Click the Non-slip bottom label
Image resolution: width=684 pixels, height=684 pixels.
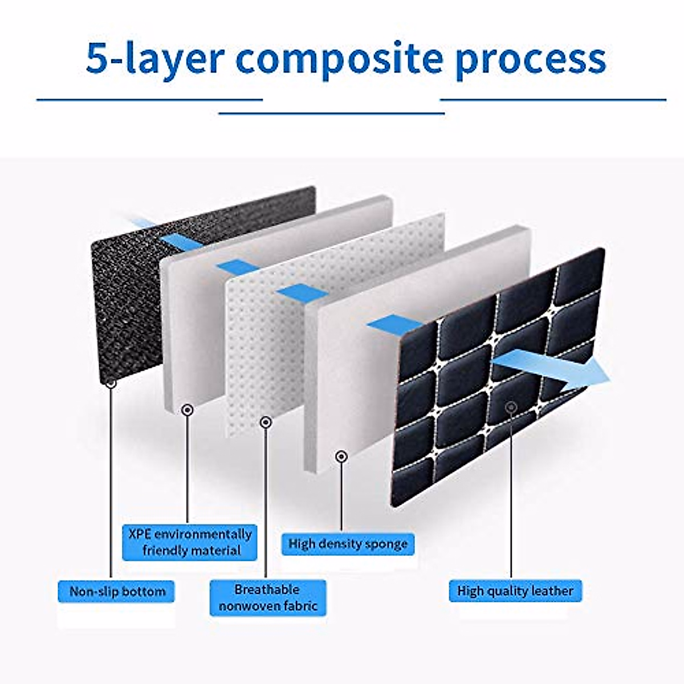116,591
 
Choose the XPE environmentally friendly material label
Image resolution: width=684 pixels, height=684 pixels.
190,543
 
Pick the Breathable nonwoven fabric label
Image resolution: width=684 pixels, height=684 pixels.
268,598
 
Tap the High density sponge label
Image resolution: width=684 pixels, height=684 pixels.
348,544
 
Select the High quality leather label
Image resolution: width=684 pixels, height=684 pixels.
515,591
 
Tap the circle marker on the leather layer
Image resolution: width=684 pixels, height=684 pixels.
511,407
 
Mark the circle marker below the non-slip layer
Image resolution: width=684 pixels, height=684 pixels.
111,383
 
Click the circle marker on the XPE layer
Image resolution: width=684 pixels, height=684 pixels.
187,410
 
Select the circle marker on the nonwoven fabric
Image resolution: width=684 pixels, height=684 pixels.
266,422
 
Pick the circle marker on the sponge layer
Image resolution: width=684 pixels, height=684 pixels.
341,456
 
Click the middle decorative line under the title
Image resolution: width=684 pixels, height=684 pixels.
332,113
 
